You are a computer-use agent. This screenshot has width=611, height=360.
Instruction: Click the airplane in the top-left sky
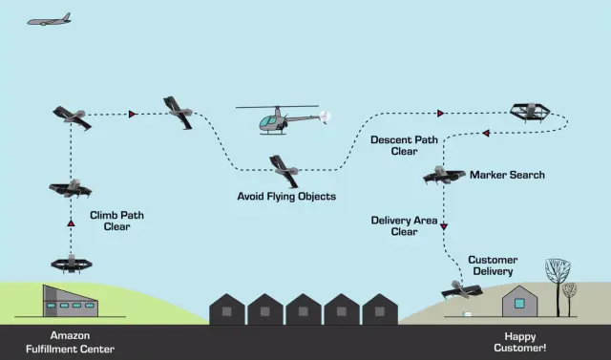pyautogui.click(x=49, y=19)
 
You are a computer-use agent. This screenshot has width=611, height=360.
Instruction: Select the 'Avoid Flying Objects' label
pyautogui.click(x=286, y=197)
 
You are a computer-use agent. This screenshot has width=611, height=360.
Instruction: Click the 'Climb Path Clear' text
pyautogui.click(x=110, y=221)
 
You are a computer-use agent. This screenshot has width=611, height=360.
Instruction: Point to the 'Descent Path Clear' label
pyautogui.click(x=404, y=145)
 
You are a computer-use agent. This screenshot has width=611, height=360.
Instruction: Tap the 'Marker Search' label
pyautogui.click(x=507, y=175)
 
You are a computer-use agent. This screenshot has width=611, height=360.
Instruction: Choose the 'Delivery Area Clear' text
pyautogui.click(x=404, y=225)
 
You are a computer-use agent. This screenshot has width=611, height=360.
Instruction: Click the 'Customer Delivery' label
pyautogui.click(x=493, y=265)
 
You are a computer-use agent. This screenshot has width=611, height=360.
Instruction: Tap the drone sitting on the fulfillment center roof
pyautogui.click(x=71, y=262)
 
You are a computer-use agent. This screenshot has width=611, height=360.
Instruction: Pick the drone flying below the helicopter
pyautogui.click(x=284, y=169)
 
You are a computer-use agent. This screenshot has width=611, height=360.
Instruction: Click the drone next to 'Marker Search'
pyautogui.click(x=444, y=175)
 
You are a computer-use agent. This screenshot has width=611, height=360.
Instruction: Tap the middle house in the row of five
pyautogui.click(x=304, y=308)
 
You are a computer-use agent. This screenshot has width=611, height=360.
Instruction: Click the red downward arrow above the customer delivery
pyautogui.click(x=445, y=227)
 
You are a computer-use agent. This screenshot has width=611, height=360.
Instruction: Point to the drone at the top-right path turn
pyautogui.click(x=530, y=112)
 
